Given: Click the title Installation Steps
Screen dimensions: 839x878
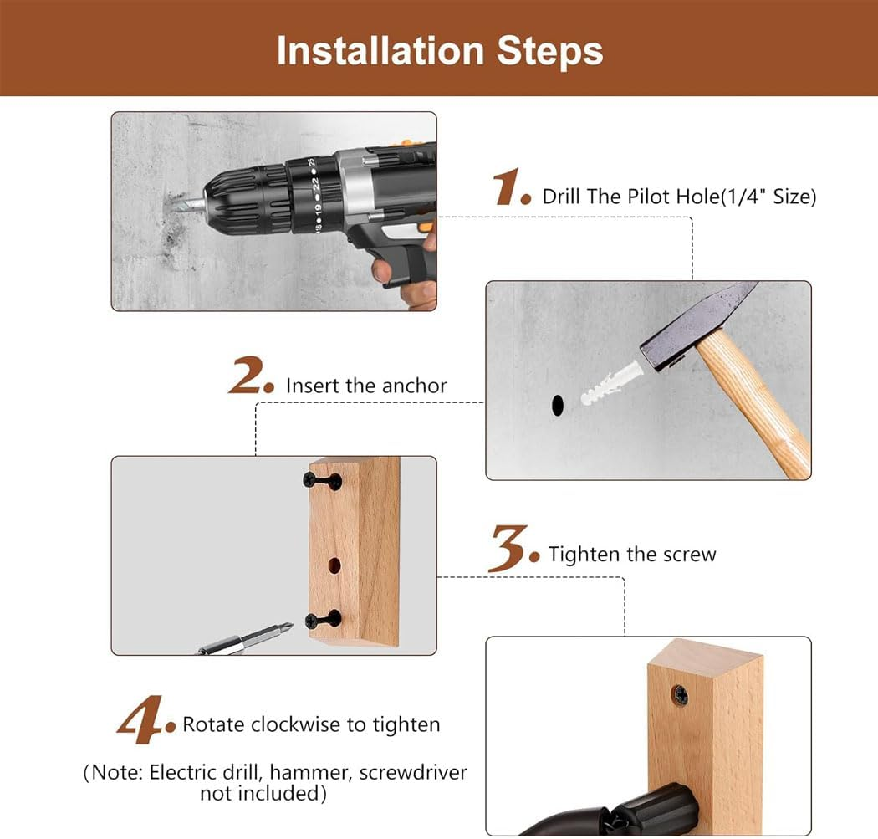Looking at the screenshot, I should tap(439, 50).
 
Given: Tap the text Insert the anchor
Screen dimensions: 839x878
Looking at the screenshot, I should tap(366, 386).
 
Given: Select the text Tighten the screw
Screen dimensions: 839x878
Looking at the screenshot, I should tap(632, 555).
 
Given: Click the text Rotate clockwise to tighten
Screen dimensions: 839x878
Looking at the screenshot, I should tap(311, 724).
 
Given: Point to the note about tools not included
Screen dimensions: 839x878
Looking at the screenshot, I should tap(275, 782).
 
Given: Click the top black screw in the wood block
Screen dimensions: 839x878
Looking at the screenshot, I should tap(322, 480).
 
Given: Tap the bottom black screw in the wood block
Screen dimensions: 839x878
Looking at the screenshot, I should tap(323, 620).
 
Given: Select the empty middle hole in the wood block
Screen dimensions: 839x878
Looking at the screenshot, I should tap(334, 565).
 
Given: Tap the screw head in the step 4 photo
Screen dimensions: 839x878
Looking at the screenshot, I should tap(681, 693).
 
